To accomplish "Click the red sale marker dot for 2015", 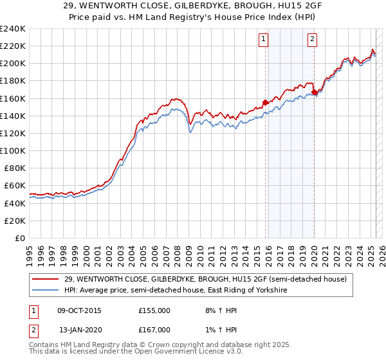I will [265, 102].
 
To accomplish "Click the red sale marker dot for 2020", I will [314, 92].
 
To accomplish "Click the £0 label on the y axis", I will [21, 238].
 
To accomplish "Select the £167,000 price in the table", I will [154, 329].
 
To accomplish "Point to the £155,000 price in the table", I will [154, 310].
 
